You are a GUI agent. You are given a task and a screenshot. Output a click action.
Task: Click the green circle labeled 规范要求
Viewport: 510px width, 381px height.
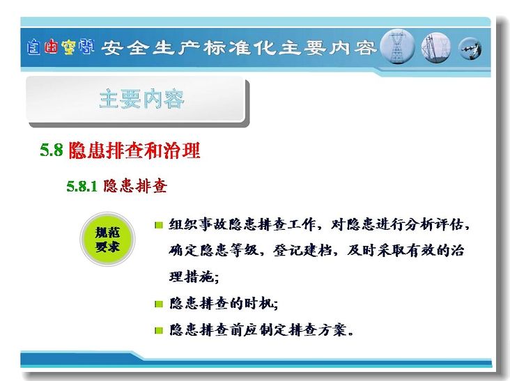pyautogui.click(x=107, y=240)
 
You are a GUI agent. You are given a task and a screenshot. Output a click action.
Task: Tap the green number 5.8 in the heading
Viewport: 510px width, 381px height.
pyautogui.click(x=52, y=150)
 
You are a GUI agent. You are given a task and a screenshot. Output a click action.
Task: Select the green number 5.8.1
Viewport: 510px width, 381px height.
pyautogui.click(x=82, y=186)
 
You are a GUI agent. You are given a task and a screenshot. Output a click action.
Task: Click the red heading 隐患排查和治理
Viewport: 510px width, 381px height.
pyautogui.click(x=134, y=150)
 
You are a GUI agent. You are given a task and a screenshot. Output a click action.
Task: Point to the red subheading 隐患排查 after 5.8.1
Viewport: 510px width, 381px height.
pyautogui.click(x=135, y=186)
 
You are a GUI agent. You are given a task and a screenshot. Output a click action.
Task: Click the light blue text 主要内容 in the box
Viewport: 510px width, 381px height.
pyautogui.click(x=142, y=99)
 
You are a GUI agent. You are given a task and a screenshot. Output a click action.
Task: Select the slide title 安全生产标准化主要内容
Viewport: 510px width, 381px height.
pyautogui.click(x=239, y=48)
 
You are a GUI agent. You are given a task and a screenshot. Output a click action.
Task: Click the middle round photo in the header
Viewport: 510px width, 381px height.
pyautogui.click(x=436, y=47)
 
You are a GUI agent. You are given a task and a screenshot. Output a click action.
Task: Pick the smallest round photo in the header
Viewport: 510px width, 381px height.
pyautogui.click(x=470, y=49)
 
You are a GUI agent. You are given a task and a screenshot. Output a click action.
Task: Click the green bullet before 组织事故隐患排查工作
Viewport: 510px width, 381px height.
pyautogui.click(x=159, y=225)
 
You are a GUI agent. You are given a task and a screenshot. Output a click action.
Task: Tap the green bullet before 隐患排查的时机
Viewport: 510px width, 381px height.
pyautogui.click(x=159, y=304)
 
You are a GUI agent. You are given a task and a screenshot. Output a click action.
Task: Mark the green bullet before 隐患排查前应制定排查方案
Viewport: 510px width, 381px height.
pyautogui.click(x=159, y=331)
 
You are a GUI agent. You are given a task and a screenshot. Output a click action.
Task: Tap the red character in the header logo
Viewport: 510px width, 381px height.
pyautogui.click(x=51, y=47)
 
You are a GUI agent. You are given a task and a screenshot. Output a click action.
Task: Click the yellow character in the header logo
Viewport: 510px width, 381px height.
pyautogui.click(x=69, y=47)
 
